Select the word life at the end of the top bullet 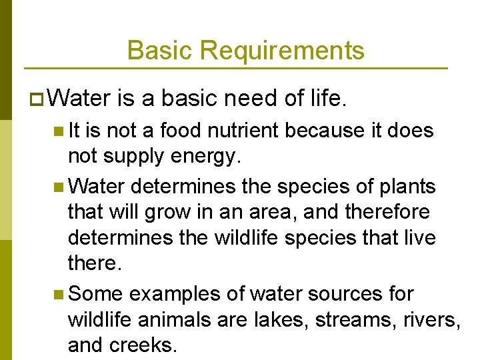(x=327, y=99)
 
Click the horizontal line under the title (x=235, y=69)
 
